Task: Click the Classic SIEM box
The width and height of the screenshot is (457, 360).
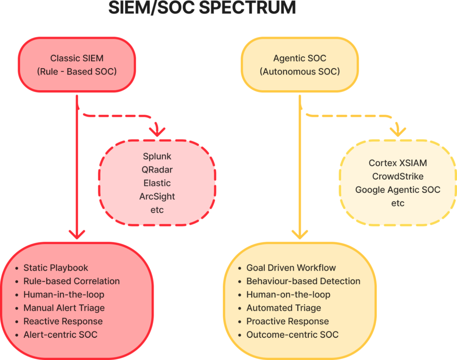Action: click(77, 65)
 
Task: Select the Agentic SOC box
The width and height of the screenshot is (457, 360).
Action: click(299, 65)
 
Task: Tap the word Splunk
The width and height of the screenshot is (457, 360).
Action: click(157, 157)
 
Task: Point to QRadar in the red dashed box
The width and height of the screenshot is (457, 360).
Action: click(157, 170)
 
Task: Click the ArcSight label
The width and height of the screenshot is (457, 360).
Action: click(157, 197)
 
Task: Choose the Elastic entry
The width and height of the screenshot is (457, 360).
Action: click(157, 183)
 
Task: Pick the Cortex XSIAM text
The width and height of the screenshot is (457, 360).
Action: click(398, 163)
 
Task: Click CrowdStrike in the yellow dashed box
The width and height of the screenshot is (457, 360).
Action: click(398, 176)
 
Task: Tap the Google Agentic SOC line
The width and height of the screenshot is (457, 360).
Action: click(398, 190)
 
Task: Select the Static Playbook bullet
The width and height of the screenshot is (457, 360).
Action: click(56, 268)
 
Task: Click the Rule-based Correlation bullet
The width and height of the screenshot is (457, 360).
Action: click(71, 281)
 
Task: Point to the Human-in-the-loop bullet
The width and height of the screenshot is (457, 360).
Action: click(64, 295)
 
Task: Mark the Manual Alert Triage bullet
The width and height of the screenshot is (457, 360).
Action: click(64, 308)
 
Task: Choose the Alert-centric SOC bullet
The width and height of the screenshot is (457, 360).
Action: click(60, 335)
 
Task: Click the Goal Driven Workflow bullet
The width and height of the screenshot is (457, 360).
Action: click(291, 268)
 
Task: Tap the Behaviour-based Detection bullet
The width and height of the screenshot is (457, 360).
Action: click(303, 281)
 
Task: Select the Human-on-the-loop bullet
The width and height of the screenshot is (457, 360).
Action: click(288, 295)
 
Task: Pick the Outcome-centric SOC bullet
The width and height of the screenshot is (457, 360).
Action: click(292, 335)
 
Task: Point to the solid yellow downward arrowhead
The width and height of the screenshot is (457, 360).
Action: click(299, 234)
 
